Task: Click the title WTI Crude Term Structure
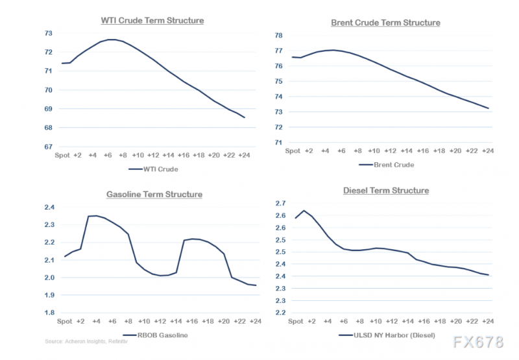pyautogui.click(x=152, y=20)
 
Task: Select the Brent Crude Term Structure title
pyautogui.click(x=385, y=23)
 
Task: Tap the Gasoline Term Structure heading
pyautogui.click(x=154, y=194)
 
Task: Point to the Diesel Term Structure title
pyautogui.click(x=385, y=190)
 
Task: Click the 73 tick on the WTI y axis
pyautogui.click(x=48, y=33)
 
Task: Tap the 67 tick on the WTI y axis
pyautogui.click(x=48, y=147)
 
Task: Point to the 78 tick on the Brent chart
pyautogui.click(x=279, y=35)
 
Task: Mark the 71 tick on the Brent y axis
pyautogui.click(x=279, y=143)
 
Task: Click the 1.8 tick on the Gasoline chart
pyautogui.click(x=49, y=313)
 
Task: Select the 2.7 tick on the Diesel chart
pyautogui.click(x=280, y=204)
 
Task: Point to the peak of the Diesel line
pyautogui.click(x=304, y=210)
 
